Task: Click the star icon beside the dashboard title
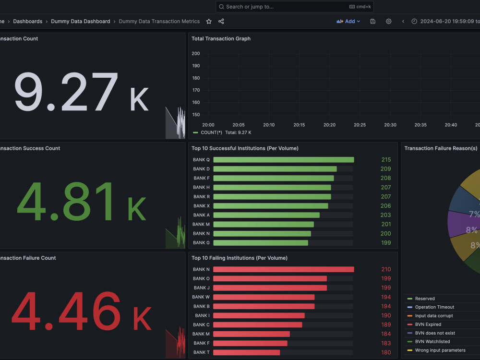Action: click(209, 22)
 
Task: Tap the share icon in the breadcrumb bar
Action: click(221, 22)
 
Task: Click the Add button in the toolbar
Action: click(348, 22)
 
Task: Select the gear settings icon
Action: click(388, 22)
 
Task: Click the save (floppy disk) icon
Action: click(372, 22)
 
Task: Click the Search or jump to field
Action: click(295, 7)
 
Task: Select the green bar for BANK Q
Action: click(284, 160)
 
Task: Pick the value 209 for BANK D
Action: click(385, 169)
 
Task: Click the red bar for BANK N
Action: click(284, 269)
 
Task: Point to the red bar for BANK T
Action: click(246, 352)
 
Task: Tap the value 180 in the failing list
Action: click(386, 352)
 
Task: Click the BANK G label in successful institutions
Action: click(201, 243)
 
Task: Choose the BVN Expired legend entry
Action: click(428, 324)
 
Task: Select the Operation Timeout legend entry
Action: click(434, 307)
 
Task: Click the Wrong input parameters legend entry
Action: click(440, 350)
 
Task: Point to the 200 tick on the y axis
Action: click(196, 54)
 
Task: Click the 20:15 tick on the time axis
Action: click(299, 125)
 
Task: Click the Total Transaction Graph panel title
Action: click(221, 38)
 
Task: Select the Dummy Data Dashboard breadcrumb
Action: click(81, 22)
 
